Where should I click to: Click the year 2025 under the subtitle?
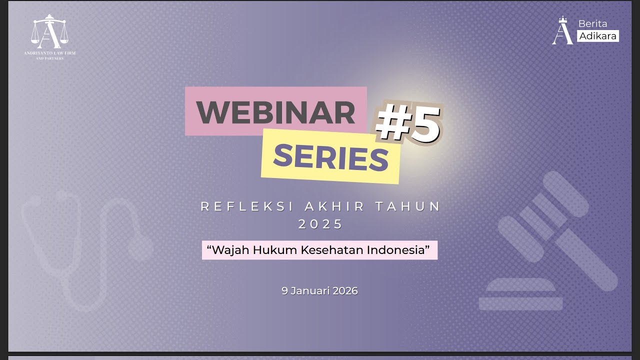pyautogui.click(x=320, y=224)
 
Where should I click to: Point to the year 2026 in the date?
pyautogui.click(x=345, y=290)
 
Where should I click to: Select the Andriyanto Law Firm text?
pyautogui.click(x=49, y=53)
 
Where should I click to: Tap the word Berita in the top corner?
pyautogui.click(x=592, y=23)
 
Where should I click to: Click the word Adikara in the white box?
pyautogui.click(x=598, y=36)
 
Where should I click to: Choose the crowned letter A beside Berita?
pyautogui.click(x=563, y=31)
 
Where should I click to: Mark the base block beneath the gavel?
pyautogui.click(x=520, y=295)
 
